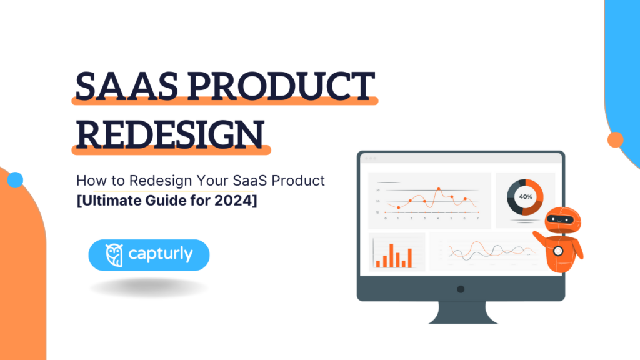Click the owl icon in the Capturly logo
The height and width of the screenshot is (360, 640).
pyautogui.click(x=114, y=255)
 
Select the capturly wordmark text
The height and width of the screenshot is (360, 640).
pyautogui.click(x=161, y=255)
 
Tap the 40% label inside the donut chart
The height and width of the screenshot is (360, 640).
pyautogui.click(x=525, y=197)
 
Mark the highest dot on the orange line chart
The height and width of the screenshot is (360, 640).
pyautogui.click(x=439, y=188)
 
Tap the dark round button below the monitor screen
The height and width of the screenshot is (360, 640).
pyautogui.click(x=461, y=289)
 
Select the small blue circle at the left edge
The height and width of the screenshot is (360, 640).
pyautogui.click(x=15, y=181)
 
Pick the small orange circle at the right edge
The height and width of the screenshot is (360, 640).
pyautogui.click(x=616, y=139)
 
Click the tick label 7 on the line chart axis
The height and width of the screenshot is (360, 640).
pyautogui.click(x=477, y=218)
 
